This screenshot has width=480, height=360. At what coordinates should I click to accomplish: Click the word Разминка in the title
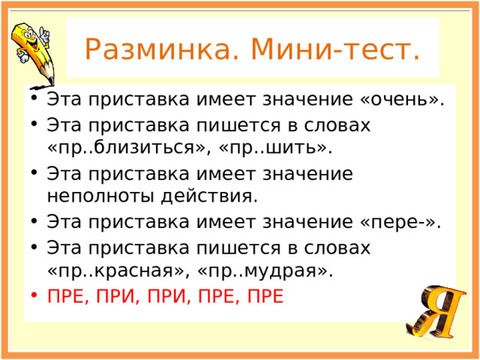(x=157, y=49)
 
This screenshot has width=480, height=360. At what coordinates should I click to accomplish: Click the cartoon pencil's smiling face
(x=31, y=40)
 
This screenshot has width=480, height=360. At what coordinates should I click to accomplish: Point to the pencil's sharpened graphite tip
(x=51, y=82)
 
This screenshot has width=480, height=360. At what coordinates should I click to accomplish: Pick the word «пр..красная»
(x=115, y=270)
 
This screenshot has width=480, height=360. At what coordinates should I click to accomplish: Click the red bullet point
(x=34, y=294)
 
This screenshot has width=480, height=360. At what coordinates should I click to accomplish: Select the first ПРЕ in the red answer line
(x=66, y=296)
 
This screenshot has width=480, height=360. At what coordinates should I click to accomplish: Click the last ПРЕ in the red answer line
(x=265, y=296)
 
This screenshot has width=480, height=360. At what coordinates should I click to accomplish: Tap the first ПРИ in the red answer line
(x=116, y=296)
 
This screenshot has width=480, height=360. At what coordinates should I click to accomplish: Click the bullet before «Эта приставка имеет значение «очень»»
(x=34, y=98)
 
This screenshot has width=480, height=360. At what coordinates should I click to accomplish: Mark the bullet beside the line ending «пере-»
(x=34, y=220)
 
